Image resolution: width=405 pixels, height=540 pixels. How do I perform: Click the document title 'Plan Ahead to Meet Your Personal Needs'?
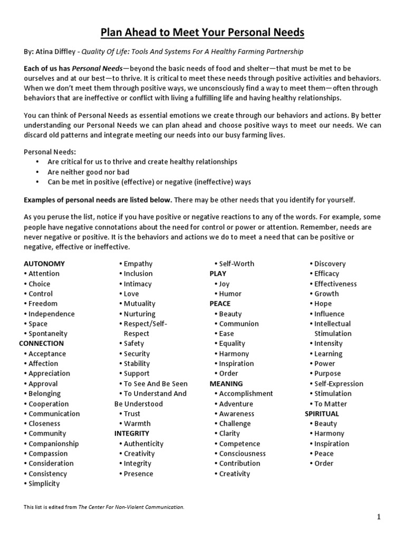202,33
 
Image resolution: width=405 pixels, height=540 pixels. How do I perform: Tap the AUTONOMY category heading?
44,264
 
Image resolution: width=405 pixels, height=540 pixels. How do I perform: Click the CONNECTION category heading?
41,343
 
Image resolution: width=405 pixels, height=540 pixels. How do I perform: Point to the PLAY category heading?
218,274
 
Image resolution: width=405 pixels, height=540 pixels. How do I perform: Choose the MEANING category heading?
226,383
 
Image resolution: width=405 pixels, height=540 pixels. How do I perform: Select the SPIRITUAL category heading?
322,413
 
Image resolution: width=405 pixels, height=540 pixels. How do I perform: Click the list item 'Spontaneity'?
48,334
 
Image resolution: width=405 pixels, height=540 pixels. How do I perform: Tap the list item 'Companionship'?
53,443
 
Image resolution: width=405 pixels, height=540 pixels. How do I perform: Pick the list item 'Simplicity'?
44,484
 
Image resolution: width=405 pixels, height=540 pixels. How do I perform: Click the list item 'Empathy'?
138,264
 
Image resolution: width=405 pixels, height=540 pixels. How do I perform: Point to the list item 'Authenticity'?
143,443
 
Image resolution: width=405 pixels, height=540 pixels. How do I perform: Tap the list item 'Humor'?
230,294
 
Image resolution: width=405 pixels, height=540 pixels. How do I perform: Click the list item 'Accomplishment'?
246,393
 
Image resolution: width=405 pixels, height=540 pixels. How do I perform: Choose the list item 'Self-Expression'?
339,383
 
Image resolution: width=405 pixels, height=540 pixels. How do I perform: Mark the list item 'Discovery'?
330,264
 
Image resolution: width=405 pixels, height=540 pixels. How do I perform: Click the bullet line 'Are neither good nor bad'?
89,172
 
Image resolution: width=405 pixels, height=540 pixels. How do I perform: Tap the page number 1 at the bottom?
379,517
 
